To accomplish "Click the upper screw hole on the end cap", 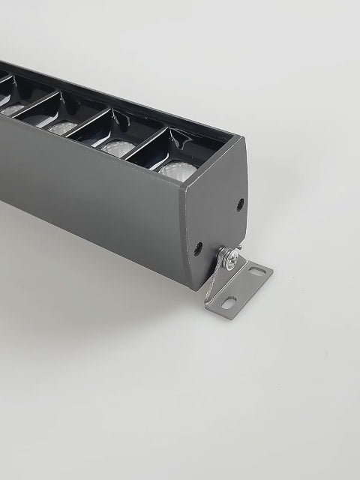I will [x=240, y=203].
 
